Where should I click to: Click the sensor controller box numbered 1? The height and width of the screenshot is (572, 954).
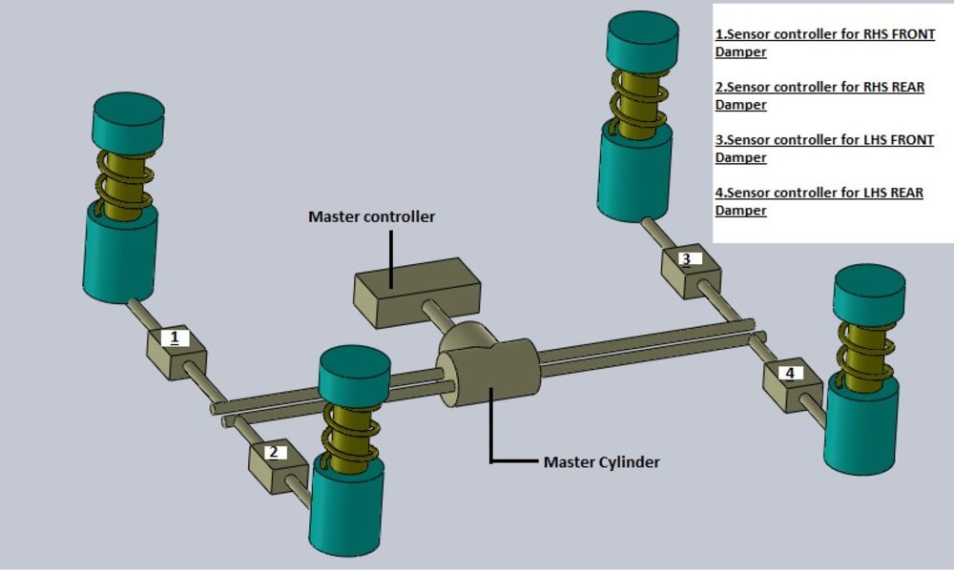click(x=176, y=353)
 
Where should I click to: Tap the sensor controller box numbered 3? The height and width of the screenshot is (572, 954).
click(x=691, y=271)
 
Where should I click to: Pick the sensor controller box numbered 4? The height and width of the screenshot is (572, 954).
click(x=793, y=385)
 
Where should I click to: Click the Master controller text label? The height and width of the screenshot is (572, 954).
click(x=372, y=216)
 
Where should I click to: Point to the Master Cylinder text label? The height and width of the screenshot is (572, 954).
click(x=602, y=462)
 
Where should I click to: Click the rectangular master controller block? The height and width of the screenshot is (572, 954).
click(x=418, y=293)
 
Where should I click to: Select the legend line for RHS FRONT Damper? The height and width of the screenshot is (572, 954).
click(x=825, y=43)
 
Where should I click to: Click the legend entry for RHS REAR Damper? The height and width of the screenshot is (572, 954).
click(x=819, y=95)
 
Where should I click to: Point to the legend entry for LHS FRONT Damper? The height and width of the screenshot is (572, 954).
click(x=824, y=149)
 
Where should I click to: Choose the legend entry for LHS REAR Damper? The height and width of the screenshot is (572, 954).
click(x=819, y=201)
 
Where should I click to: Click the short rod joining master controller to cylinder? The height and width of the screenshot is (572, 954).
click(x=437, y=317)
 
